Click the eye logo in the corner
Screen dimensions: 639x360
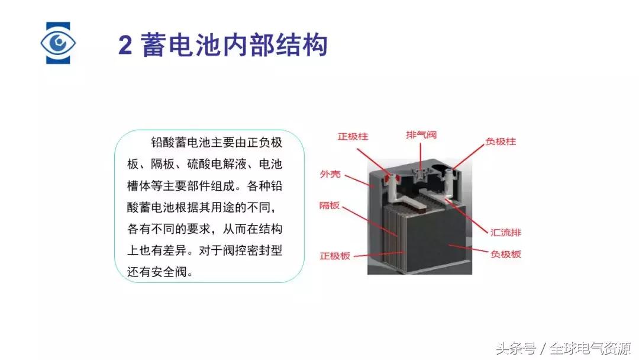(58, 43)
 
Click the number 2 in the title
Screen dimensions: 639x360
(125, 45)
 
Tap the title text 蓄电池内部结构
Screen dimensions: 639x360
(234, 44)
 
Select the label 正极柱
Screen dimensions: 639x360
(353, 136)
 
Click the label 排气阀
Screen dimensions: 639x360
(421, 134)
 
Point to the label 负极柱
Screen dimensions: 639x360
(501, 142)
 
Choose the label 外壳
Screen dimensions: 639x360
(330, 174)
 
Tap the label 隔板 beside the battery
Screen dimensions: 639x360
(330, 205)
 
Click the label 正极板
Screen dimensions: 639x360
(334, 256)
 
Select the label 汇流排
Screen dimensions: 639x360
(505, 232)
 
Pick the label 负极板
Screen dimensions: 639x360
(505, 254)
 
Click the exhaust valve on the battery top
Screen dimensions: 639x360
(421, 176)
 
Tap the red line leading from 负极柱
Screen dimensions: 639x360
(467, 157)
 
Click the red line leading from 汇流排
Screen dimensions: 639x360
(466, 217)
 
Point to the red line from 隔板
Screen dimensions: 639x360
(370, 221)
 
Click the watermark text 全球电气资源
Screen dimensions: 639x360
(590, 349)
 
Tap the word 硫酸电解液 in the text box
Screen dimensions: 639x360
(217, 164)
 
